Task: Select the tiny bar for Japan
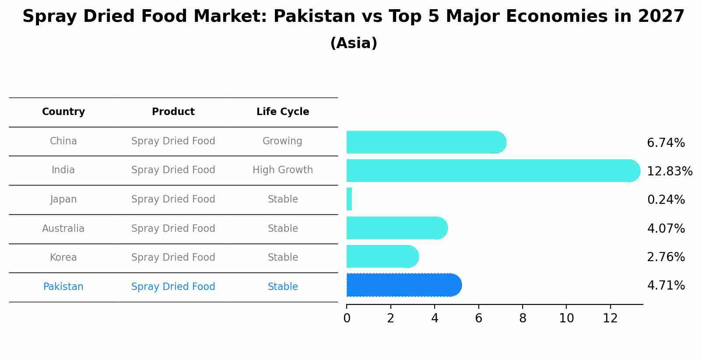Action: coord(349,199)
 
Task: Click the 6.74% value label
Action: coord(665,143)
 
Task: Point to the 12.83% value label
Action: coord(669,171)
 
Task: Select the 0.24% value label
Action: coord(665,200)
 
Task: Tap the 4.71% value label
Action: coord(665,286)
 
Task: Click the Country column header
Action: coord(63,112)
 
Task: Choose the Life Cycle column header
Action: coord(283,112)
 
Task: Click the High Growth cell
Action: coord(283,170)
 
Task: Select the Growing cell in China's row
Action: coord(282,141)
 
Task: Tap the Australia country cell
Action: coord(63,229)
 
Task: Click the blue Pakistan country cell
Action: coord(63,287)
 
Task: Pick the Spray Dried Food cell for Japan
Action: coord(173,199)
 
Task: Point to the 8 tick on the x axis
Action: coord(523,318)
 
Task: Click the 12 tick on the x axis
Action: coord(610,318)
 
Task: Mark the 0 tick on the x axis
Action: coord(347,318)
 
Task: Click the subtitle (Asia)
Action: coord(354,43)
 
